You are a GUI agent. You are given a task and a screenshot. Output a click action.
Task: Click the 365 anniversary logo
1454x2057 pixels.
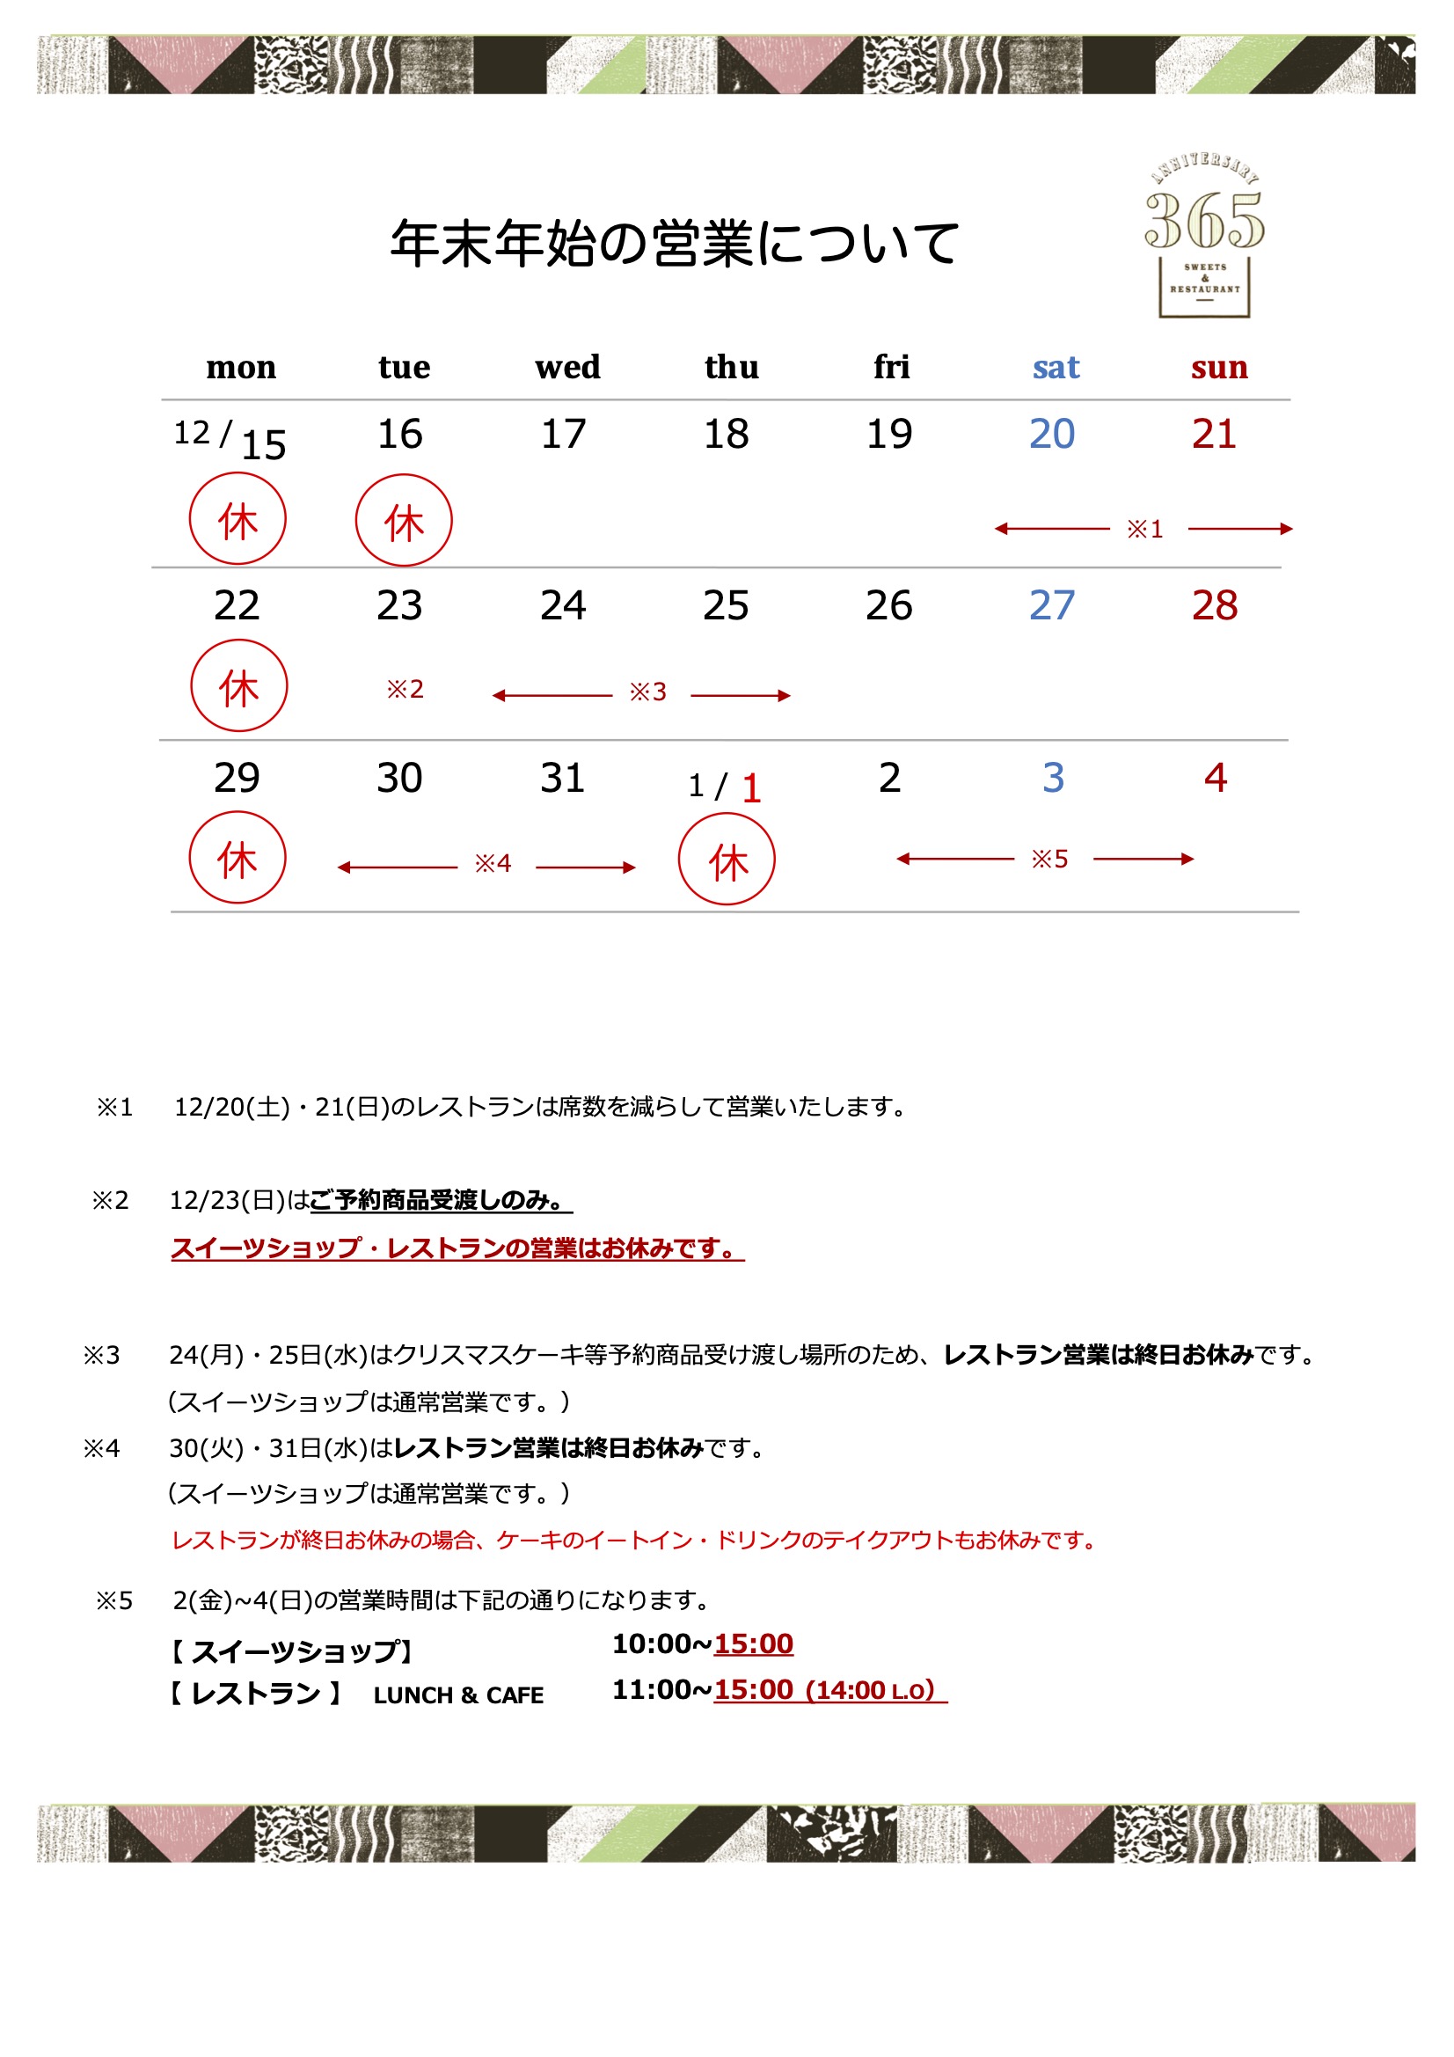click(1204, 236)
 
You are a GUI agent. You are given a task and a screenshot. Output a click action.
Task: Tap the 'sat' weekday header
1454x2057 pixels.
click(1056, 368)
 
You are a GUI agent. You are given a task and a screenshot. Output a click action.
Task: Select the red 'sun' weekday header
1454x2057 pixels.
click(1218, 368)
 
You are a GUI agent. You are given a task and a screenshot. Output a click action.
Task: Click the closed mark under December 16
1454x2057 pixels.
click(403, 521)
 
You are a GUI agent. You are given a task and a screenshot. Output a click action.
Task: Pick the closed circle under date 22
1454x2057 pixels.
click(238, 685)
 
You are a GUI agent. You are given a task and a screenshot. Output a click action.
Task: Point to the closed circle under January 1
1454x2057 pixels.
click(727, 860)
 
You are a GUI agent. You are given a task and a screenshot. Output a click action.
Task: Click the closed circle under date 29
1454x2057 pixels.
click(237, 858)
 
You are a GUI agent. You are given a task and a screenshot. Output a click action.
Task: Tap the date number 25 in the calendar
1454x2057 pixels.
click(725, 606)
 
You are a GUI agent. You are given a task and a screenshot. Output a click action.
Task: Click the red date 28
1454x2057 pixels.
click(1214, 606)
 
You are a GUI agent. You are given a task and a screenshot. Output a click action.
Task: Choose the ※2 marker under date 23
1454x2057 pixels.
click(404, 689)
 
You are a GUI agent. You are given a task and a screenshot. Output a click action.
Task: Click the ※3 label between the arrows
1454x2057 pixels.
click(647, 692)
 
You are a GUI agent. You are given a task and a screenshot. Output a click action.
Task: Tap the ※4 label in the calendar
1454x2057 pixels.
click(492, 864)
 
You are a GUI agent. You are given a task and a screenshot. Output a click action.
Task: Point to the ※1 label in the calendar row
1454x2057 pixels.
click(1144, 529)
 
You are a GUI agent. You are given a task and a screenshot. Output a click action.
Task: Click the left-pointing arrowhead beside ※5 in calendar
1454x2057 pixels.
click(903, 860)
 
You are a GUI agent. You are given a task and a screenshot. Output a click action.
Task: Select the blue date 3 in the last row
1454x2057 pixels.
click(1053, 778)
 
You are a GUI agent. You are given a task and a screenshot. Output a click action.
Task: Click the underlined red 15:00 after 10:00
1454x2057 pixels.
click(753, 1644)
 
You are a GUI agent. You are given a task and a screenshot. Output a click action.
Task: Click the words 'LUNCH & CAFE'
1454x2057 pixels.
click(457, 1696)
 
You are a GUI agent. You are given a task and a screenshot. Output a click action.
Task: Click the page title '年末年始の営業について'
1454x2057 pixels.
click(675, 244)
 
